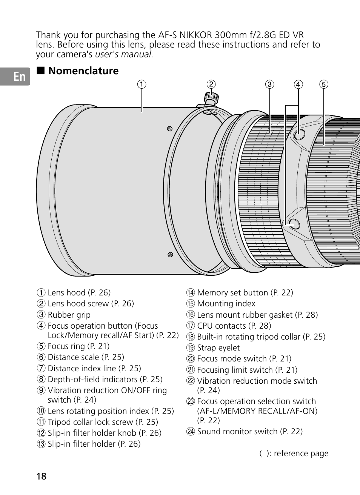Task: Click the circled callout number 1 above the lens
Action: (x=142, y=84)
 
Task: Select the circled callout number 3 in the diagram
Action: (x=269, y=84)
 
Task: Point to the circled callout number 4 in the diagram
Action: (x=298, y=84)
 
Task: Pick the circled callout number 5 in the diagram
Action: (x=323, y=84)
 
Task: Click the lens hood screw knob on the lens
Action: (x=211, y=97)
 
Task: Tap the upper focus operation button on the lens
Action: (x=299, y=134)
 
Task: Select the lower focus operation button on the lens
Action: (x=294, y=224)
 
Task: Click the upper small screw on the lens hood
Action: (x=170, y=129)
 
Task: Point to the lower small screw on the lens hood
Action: (x=170, y=255)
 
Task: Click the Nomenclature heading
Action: (x=83, y=71)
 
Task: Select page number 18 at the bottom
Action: (x=42, y=476)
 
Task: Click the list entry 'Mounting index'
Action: (x=226, y=304)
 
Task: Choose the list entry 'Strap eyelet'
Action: (x=218, y=348)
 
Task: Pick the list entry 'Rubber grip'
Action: (x=69, y=315)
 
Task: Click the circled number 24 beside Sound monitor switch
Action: (x=190, y=432)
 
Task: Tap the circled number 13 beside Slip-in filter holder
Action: (x=41, y=444)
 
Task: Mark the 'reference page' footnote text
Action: (x=301, y=453)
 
